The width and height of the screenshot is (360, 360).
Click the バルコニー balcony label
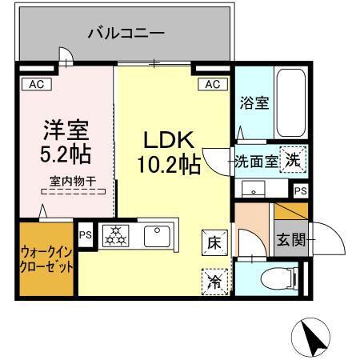tap(126, 34)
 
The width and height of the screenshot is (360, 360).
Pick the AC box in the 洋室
tap(36, 82)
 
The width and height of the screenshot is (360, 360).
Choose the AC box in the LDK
tap(212, 84)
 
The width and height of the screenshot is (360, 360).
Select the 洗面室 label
tap(256, 160)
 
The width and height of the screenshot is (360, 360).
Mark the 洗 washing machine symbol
tap(294, 159)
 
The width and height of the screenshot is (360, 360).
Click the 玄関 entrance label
tap(289, 238)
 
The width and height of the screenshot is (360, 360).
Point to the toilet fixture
tap(280, 279)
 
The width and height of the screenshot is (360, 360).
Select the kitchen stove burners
tap(115, 236)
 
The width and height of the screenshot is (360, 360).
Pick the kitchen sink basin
tap(155, 236)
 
